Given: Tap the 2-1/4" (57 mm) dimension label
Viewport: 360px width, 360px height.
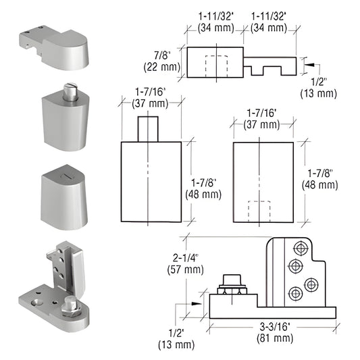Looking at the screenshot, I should [x=184, y=263].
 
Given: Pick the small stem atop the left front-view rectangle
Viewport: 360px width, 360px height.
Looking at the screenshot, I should [x=148, y=128].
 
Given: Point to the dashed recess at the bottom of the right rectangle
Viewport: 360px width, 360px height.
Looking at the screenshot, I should [x=257, y=211].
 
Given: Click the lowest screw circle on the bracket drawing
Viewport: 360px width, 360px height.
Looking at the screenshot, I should [x=295, y=294].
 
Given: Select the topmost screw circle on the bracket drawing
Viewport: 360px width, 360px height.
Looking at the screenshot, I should [x=295, y=248].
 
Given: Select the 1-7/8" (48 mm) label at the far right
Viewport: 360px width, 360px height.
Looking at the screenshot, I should [x=319, y=179].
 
